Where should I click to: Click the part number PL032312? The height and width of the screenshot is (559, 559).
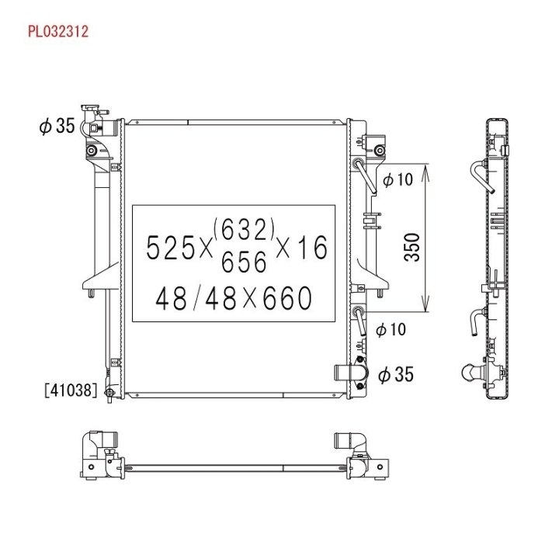[x=58, y=31]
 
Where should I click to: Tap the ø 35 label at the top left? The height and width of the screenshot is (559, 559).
[x=57, y=126]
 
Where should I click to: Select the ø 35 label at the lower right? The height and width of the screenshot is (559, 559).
[x=396, y=375]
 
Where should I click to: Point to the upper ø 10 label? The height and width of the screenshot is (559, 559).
[x=398, y=179]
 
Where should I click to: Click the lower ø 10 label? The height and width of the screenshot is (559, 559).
[x=391, y=329]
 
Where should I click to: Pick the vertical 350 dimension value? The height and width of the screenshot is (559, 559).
[x=412, y=247]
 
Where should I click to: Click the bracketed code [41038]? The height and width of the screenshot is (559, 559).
[x=71, y=390]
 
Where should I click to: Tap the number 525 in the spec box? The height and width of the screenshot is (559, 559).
[x=170, y=248]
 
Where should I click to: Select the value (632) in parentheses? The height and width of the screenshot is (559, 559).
[x=244, y=229]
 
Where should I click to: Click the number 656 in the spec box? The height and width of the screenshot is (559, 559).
[x=244, y=262]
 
